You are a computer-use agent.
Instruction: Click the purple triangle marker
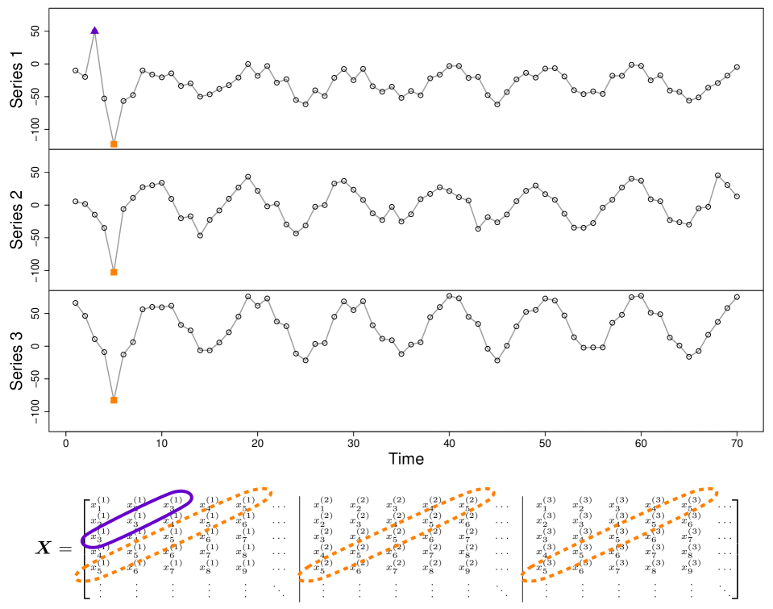pyautogui.click(x=94, y=30)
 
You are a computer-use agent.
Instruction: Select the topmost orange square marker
pyautogui.click(x=114, y=144)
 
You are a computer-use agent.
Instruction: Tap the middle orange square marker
pyautogui.click(x=114, y=272)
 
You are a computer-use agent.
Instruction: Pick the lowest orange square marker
pyautogui.click(x=114, y=400)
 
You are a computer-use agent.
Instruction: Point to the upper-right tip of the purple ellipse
pyautogui.click(x=191, y=494)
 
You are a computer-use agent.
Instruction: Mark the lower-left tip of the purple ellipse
pyautogui.click(x=82, y=543)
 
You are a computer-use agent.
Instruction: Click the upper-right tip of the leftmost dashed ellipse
pyautogui.click(x=272, y=490)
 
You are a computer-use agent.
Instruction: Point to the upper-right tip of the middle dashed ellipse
pyautogui.click(x=494, y=490)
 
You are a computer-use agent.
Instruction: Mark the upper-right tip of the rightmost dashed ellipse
pyautogui.click(x=717, y=490)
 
